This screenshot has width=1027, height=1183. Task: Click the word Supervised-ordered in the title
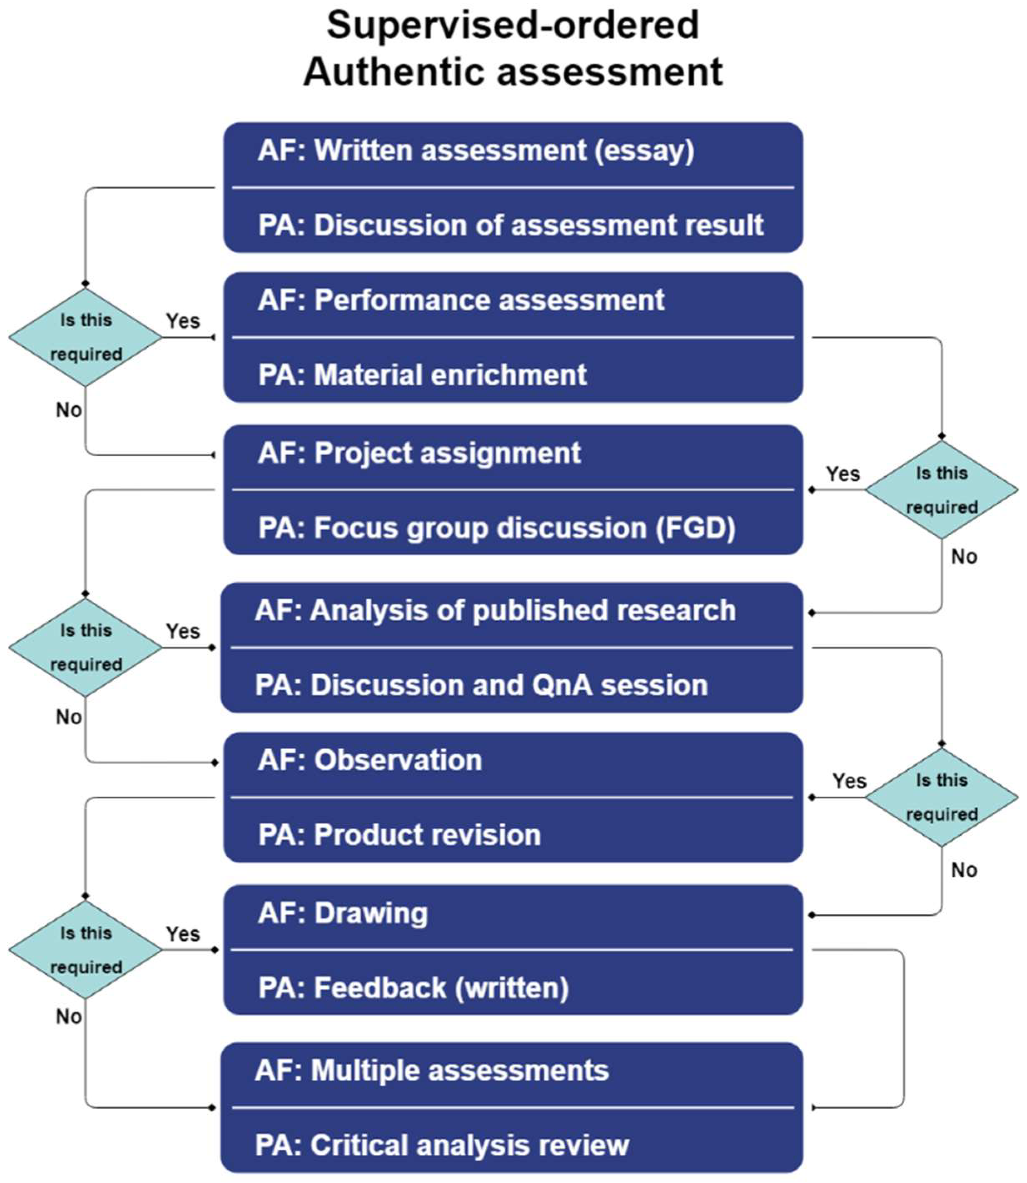tap(512, 26)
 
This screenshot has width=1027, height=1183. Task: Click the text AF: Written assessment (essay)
tap(476, 151)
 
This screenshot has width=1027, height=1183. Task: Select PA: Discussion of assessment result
tap(510, 225)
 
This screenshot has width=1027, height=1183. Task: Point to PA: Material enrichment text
tap(423, 375)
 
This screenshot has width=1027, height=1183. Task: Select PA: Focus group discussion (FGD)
tap(496, 528)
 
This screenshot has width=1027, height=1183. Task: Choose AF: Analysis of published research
tap(495, 610)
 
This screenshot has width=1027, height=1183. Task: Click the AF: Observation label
tap(370, 760)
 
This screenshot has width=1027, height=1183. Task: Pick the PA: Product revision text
tap(400, 835)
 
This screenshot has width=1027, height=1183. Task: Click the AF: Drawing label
tap(343, 913)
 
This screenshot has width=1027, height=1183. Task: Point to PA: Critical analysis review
tap(442, 1145)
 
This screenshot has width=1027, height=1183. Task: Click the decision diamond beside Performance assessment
tap(86, 337)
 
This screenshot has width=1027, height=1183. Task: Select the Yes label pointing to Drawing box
tap(183, 934)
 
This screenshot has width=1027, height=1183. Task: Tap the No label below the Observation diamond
tap(964, 870)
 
